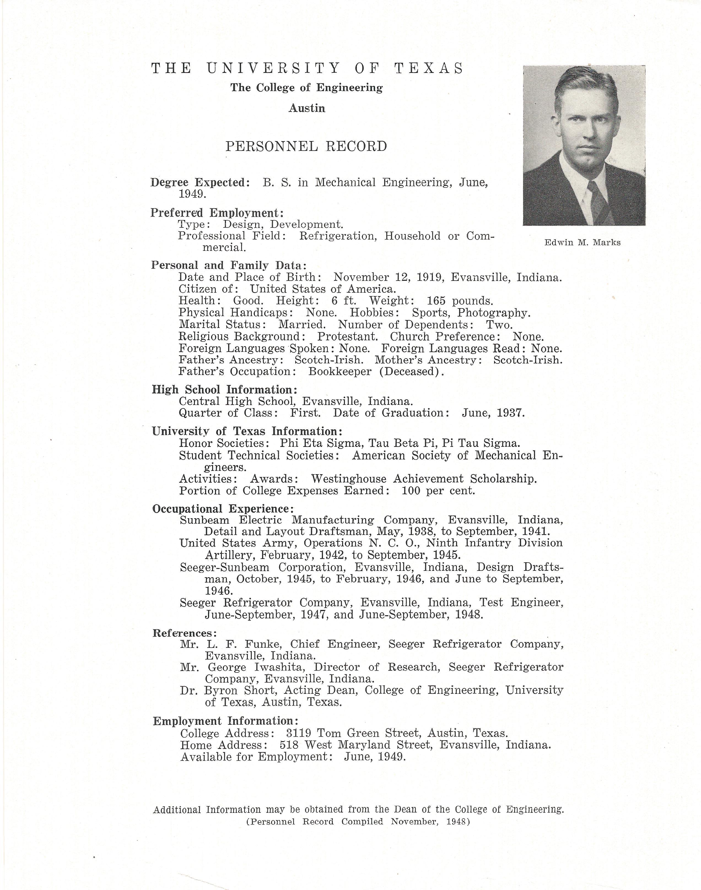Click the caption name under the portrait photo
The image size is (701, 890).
point(583,242)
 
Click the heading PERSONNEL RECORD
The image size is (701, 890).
point(306,146)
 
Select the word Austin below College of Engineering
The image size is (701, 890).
point(307,108)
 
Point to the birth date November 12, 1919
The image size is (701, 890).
point(388,277)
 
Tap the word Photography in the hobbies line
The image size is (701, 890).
point(494,313)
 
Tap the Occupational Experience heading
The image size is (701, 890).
point(223,509)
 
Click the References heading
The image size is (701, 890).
point(184,633)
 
